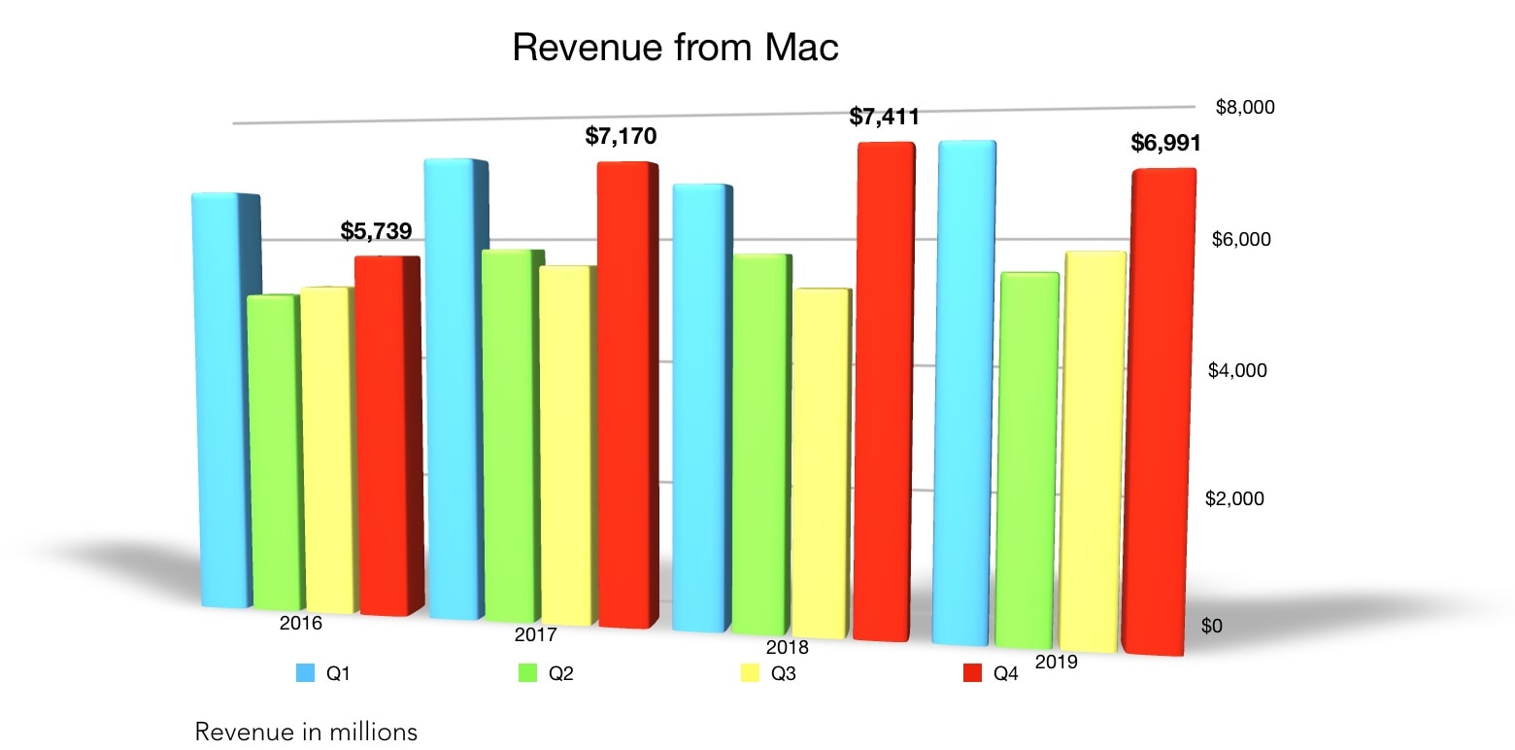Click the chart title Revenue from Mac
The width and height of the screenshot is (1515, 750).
(x=675, y=47)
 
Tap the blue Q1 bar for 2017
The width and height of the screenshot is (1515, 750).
(x=454, y=389)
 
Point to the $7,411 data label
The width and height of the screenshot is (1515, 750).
(x=884, y=118)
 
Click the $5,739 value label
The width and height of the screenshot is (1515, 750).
(x=376, y=231)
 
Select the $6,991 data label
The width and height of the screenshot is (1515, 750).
(x=1165, y=144)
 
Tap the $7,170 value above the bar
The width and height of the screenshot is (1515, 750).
(x=621, y=136)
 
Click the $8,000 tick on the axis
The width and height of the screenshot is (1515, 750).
(x=1244, y=107)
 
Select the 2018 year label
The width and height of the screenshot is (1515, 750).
(x=787, y=648)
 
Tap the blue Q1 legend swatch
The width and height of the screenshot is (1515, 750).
(x=305, y=672)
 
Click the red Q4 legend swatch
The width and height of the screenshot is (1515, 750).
(x=971, y=672)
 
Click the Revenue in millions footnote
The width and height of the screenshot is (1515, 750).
(x=306, y=731)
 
